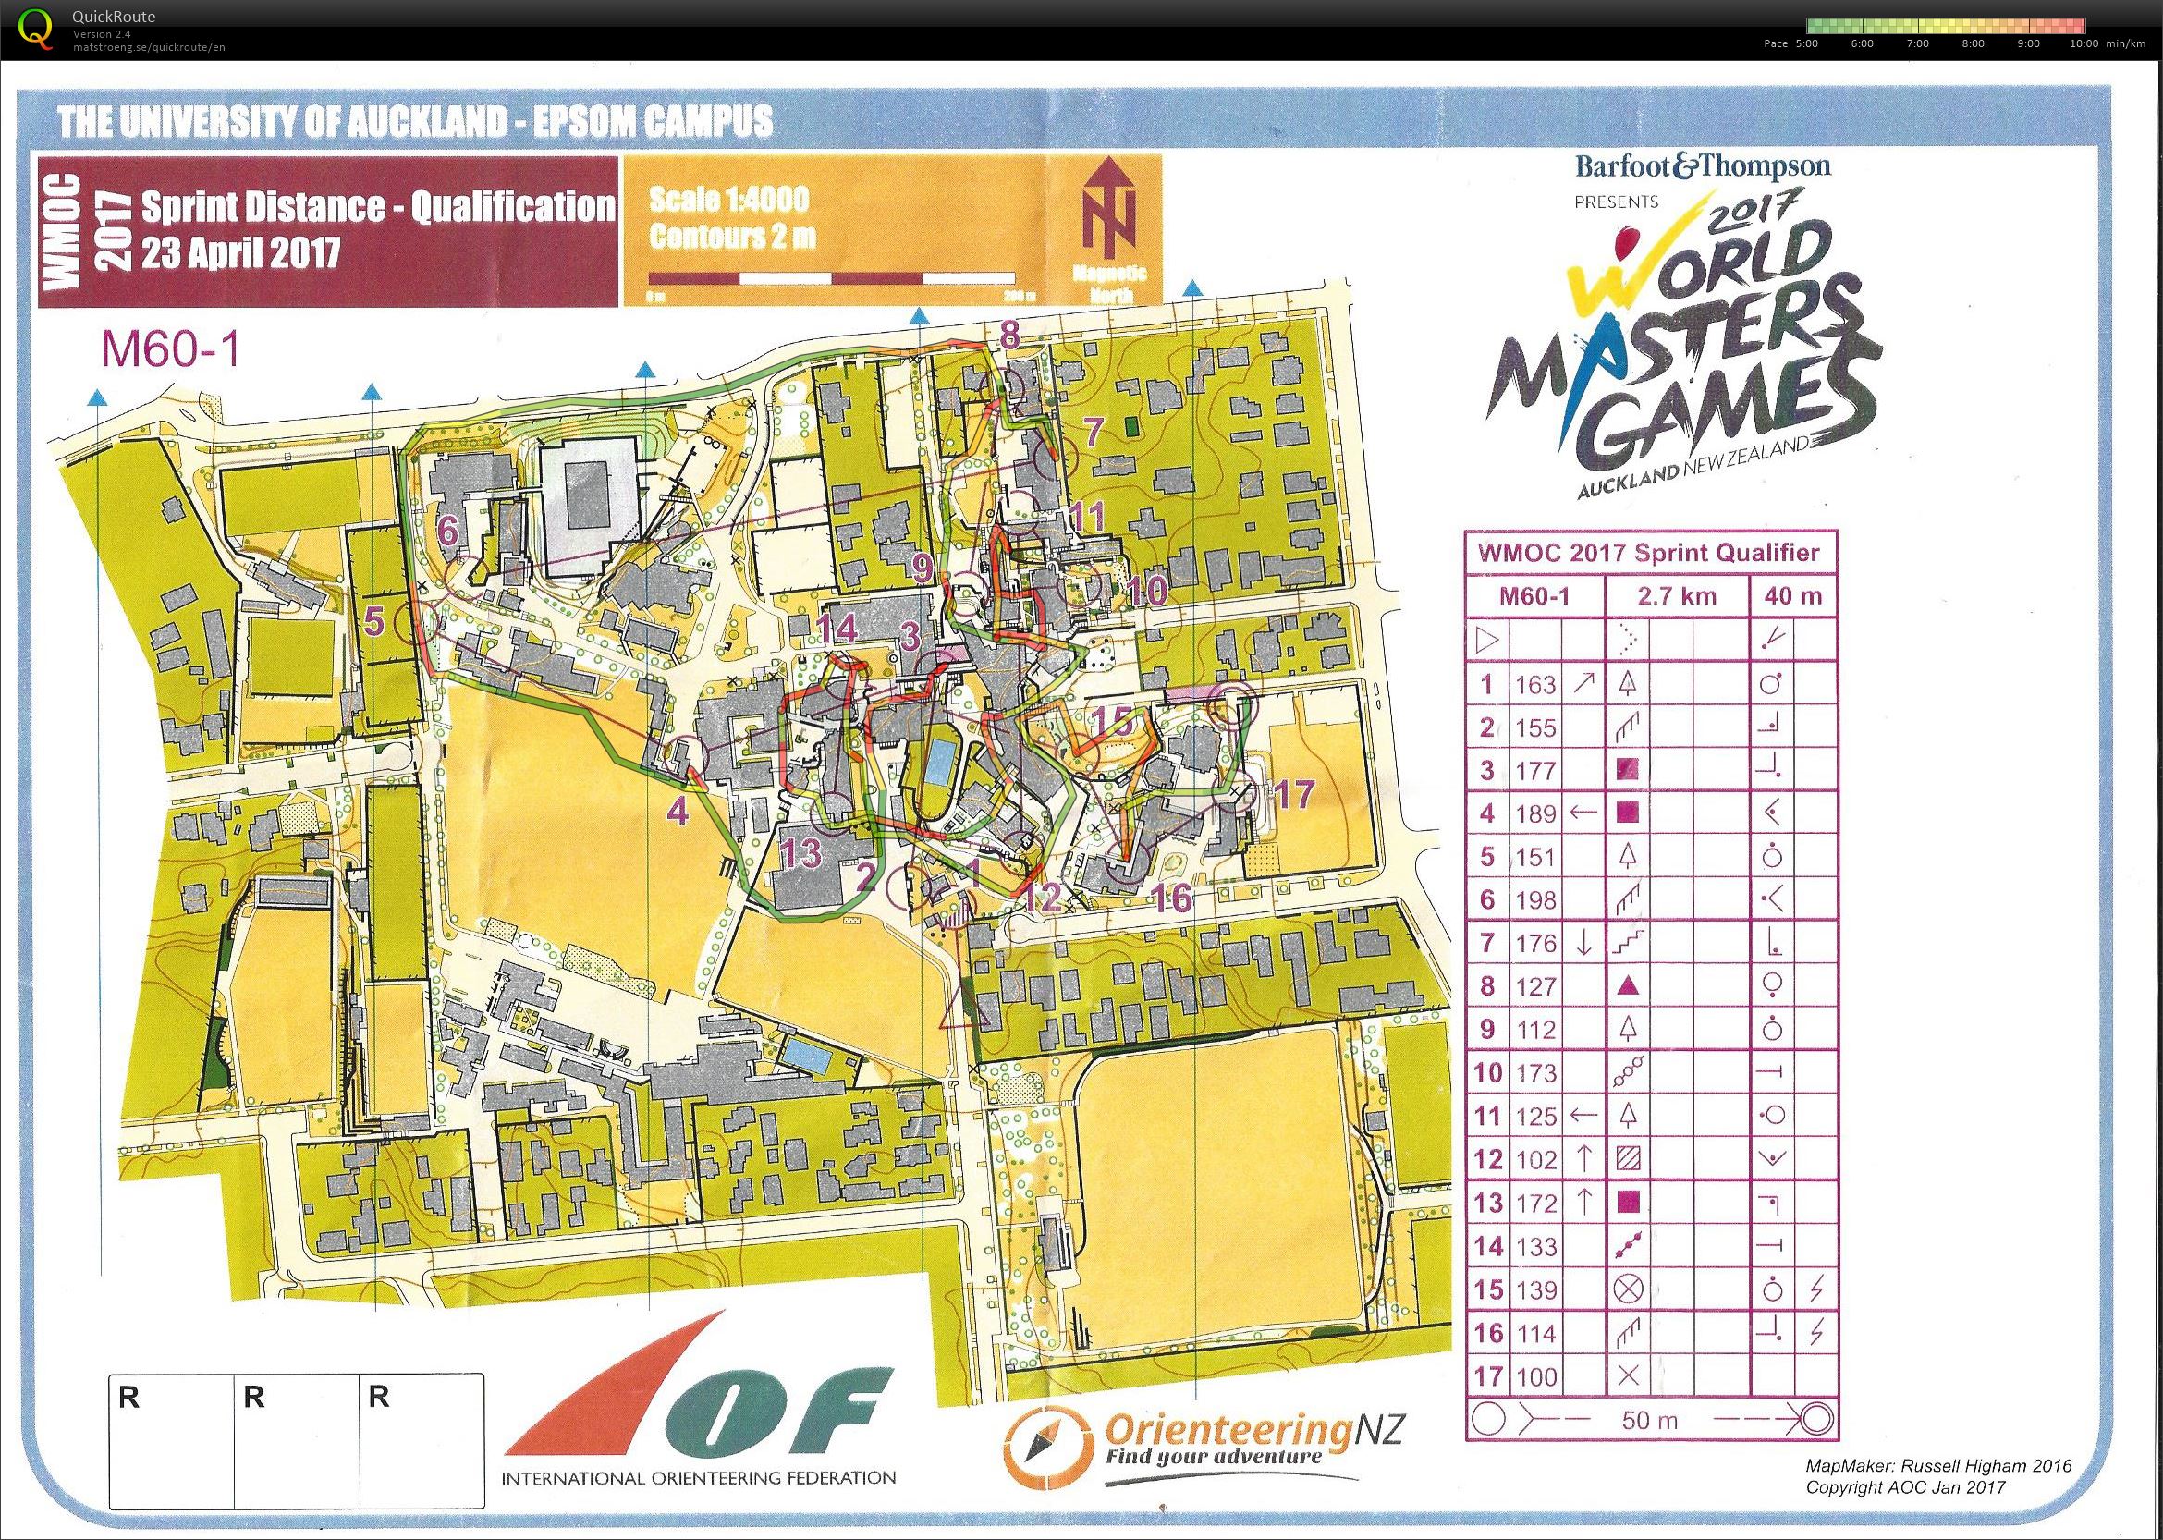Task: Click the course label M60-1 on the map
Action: [x=170, y=352]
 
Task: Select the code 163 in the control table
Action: [x=1535, y=685]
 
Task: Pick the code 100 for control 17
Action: [x=1535, y=1376]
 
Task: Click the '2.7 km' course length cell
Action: [x=1674, y=596]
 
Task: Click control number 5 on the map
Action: [x=373, y=622]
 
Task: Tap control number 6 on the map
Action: [x=447, y=532]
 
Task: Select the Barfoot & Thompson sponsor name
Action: [x=1703, y=167]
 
